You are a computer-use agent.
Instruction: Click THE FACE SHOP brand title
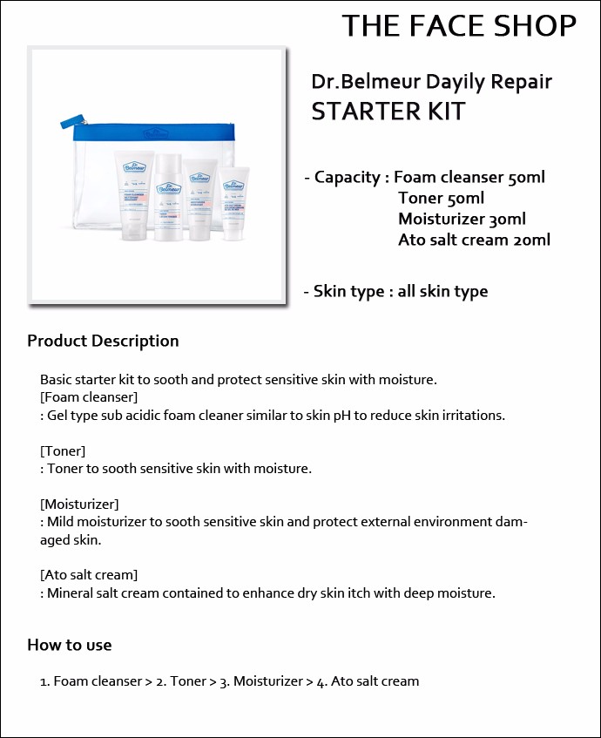tap(459, 25)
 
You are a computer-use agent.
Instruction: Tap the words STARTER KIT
tap(388, 111)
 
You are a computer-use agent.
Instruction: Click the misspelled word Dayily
tap(455, 83)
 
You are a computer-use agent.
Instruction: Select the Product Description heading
tap(103, 341)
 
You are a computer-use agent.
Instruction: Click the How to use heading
tap(70, 645)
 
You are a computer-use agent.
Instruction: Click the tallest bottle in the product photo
tap(168, 197)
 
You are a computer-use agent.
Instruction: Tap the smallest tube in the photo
tap(234, 203)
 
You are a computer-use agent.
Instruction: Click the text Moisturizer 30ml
tap(462, 219)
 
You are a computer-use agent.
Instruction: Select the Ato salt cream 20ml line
tap(474, 240)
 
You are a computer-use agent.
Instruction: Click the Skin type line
tap(395, 291)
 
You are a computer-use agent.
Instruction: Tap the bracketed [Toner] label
tap(63, 450)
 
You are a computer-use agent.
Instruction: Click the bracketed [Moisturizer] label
tap(79, 504)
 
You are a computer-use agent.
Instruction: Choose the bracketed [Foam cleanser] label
tap(89, 397)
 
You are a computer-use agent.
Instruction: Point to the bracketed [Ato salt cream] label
tap(89, 575)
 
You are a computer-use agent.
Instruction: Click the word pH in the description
tap(342, 416)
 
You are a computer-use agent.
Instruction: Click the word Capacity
tap(348, 178)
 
